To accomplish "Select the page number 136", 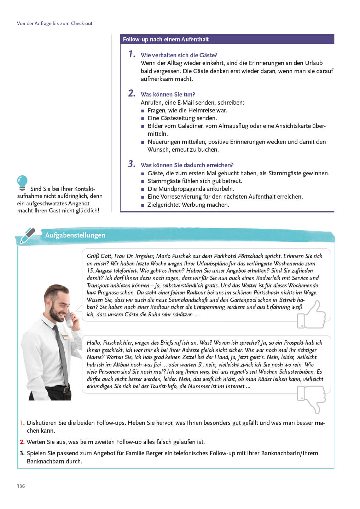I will tap(21, 486).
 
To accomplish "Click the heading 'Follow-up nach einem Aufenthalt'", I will tap(166, 39).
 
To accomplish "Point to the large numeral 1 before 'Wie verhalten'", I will tap(132, 54).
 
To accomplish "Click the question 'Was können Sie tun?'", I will tap(168, 94).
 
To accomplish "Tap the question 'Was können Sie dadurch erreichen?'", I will tap(187, 165).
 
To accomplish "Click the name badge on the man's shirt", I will tap(65, 336).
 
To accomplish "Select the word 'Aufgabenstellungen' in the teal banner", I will tap(75, 235).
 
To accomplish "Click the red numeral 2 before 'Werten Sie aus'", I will tap(22, 442).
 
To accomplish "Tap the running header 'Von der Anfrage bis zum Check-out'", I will tap(55, 23).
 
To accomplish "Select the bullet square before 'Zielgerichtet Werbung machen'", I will tap(143, 205).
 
